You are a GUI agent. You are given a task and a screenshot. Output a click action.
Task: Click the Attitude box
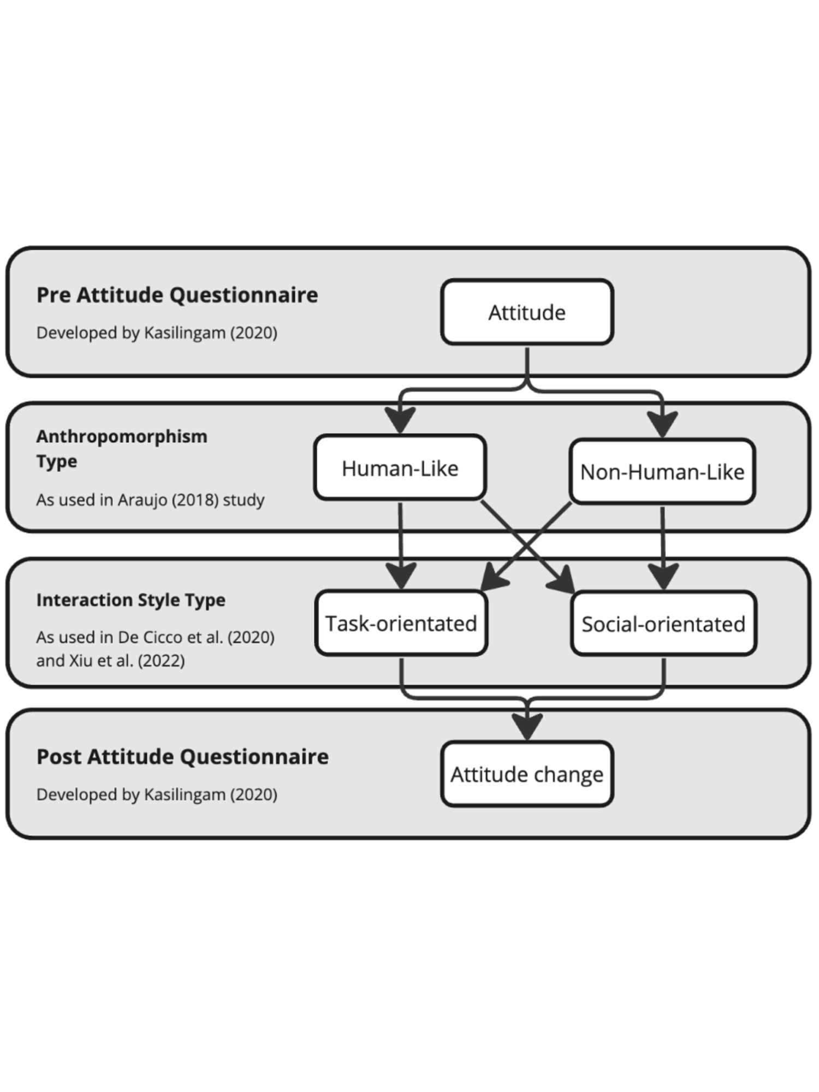coord(527,312)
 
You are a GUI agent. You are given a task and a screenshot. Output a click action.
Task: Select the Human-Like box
coord(400,468)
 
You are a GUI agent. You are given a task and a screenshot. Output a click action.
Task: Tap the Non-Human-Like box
coord(662,472)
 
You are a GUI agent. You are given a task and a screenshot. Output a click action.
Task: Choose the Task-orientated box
coord(401,623)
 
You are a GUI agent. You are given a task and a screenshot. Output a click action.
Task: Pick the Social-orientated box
coord(663,624)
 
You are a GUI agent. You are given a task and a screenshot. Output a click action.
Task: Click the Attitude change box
coord(527,774)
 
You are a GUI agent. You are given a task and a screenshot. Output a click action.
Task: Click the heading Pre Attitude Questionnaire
coord(177,295)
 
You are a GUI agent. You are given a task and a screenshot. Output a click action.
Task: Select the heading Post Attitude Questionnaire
coord(182,757)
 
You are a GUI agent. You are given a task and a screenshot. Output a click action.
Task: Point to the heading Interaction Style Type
coord(130,600)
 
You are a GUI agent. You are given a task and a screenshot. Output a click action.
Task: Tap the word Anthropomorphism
coord(122,436)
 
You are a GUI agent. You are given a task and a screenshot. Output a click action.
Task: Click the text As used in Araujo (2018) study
coord(150,500)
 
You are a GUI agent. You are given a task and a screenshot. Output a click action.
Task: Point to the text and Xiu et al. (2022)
coord(110,661)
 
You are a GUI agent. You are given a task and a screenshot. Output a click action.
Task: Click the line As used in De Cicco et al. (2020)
coord(155,637)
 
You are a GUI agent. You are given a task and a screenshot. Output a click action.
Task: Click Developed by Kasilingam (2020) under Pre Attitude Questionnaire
coord(157,333)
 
